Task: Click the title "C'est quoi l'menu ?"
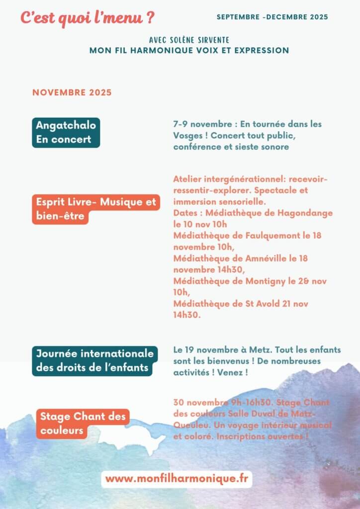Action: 87,18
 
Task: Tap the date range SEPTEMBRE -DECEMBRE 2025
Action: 272,17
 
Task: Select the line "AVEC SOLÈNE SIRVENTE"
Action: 189,40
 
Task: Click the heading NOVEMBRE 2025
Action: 72,92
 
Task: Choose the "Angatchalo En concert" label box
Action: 66,133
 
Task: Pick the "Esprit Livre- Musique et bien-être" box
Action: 96,209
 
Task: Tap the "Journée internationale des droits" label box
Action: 94,361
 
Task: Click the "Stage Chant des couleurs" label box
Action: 83,424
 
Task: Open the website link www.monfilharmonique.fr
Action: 177,479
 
